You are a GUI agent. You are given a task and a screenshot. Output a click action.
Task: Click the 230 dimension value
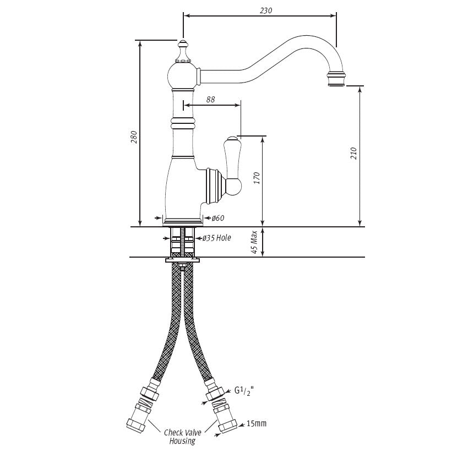pyautogui.click(x=265, y=10)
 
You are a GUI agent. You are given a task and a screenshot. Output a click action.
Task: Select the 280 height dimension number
pyautogui.click(x=134, y=137)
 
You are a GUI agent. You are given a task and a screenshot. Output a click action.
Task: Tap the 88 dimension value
pyautogui.click(x=210, y=100)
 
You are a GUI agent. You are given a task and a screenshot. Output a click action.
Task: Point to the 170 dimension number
pyautogui.click(x=257, y=178)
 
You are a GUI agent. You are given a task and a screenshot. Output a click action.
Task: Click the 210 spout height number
pyautogui.click(x=353, y=153)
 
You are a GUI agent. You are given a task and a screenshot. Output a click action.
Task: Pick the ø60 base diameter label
pyautogui.click(x=218, y=218)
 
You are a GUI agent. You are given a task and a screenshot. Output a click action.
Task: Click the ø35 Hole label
pyautogui.click(x=216, y=238)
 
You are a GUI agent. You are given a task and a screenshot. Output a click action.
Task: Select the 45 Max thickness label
pyautogui.click(x=254, y=242)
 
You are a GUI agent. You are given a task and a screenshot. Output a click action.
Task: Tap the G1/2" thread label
pyautogui.click(x=244, y=391)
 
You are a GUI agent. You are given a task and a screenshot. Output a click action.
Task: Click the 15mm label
pyautogui.click(x=257, y=423)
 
